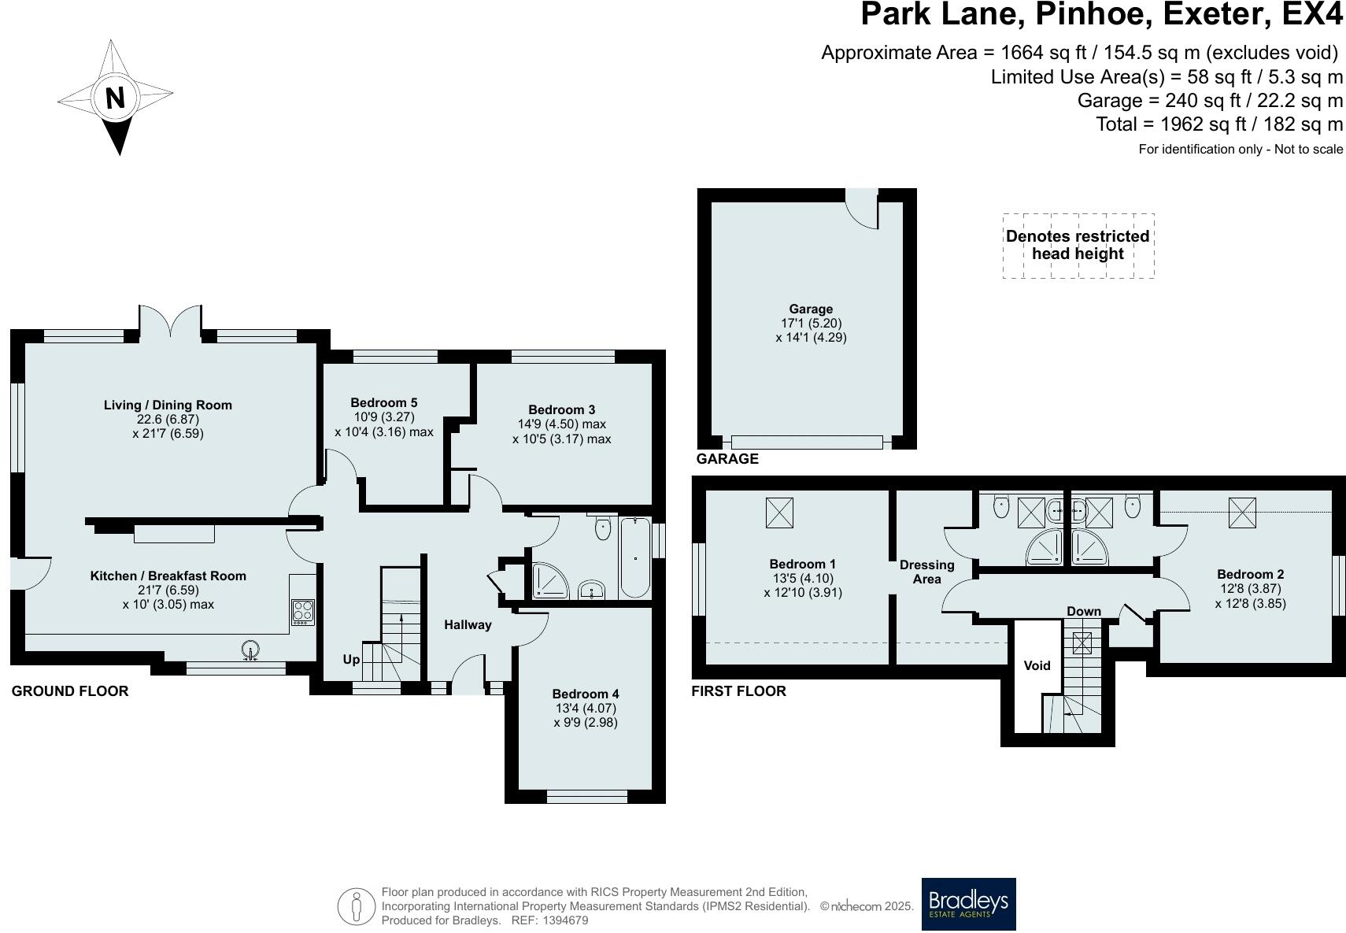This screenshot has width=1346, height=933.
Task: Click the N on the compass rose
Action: [115, 98]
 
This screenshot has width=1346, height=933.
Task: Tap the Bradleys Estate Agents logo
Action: [969, 904]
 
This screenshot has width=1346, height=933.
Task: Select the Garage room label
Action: [811, 309]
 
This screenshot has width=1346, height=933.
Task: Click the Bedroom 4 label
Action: [586, 694]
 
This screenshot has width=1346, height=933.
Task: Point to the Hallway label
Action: [468, 624]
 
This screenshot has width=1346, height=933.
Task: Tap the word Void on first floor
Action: [1037, 665]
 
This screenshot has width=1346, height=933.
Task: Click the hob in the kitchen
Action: [302, 612]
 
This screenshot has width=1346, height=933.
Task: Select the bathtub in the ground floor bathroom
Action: [635, 557]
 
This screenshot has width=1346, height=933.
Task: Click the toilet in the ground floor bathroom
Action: [602, 528]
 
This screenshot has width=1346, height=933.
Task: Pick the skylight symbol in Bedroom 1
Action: [779, 513]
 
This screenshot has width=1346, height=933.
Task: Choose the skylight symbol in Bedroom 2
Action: [1242, 513]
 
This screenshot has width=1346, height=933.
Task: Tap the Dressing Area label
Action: [926, 572]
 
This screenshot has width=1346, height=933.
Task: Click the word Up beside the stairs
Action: [351, 660]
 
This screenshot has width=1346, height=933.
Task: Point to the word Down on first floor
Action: [1083, 612]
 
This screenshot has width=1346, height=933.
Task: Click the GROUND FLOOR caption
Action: [70, 691]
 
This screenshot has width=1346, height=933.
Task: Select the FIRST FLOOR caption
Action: [738, 691]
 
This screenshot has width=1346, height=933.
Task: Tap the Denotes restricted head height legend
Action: [1078, 245]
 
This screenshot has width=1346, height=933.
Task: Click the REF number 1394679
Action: [565, 920]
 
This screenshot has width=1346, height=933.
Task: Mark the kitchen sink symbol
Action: [250, 650]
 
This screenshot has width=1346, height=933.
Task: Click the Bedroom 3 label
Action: [562, 410]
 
